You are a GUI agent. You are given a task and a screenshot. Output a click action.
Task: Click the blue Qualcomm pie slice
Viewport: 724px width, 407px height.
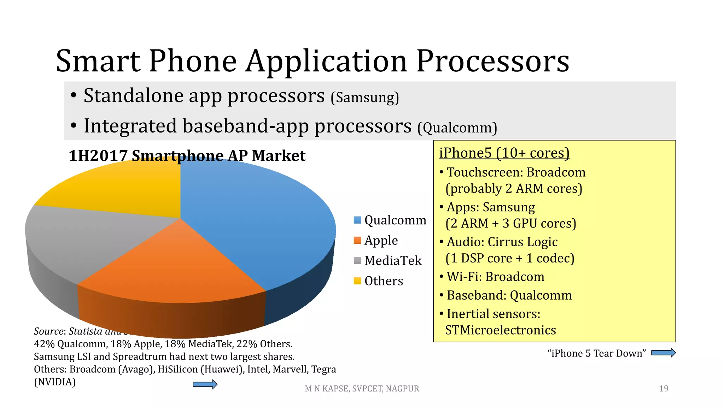pyautogui.click(x=255, y=219)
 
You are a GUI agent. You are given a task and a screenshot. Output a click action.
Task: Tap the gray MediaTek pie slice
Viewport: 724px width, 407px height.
pyautogui.click(x=88, y=237)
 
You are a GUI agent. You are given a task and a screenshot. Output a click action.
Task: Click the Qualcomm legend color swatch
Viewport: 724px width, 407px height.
pyautogui.click(x=357, y=220)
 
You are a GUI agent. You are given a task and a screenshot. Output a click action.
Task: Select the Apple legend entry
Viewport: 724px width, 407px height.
pyautogui.click(x=381, y=240)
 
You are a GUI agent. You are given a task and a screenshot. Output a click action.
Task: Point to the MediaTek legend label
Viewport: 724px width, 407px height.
pyautogui.click(x=393, y=261)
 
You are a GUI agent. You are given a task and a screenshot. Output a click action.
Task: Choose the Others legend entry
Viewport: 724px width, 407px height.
pyautogui.click(x=383, y=281)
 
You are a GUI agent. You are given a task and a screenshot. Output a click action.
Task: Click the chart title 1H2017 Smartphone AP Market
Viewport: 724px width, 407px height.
pyautogui.click(x=187, y=156)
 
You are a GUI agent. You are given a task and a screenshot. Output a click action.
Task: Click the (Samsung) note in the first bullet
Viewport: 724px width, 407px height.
pyautogui.click(x=364, y=98)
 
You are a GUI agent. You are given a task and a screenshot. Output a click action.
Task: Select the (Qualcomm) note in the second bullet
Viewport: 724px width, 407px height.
pyautogui.click(x=457, y=128)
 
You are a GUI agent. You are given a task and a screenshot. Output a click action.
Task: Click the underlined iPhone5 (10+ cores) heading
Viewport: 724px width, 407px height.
pyautogui.click(x=504, y=153)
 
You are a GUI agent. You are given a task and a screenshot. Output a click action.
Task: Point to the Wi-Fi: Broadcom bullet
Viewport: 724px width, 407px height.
pyautogui.click(x=495, y=277)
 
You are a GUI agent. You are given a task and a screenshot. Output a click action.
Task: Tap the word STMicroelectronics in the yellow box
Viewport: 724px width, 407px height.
pyautogui.click(x=500, y=330)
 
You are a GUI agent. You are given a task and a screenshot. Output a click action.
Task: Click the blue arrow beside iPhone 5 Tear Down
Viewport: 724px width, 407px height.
pyautogui.click(x=663, y=353)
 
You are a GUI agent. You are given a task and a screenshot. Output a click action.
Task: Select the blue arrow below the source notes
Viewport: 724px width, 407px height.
pyautogui.click(x=205, y=384)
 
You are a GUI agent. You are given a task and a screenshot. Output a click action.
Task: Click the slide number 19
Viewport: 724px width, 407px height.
pyautogui.click(x=664, y=389)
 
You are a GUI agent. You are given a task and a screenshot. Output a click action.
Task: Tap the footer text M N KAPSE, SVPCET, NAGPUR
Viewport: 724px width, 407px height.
pyautogui.click(x=362, y=389)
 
